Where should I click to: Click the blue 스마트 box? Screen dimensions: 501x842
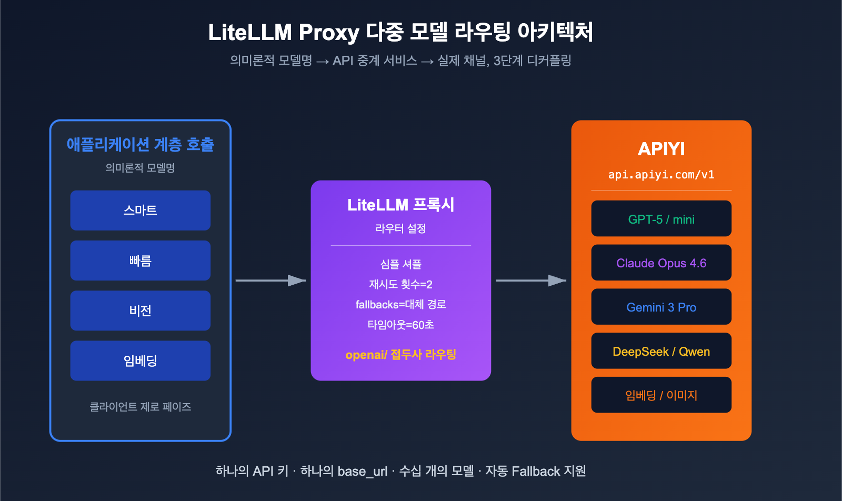coord(140,211)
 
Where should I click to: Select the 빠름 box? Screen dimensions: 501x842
coord(140,260)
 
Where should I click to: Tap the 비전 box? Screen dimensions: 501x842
coord(140,310)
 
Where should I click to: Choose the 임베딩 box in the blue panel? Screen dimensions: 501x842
coord(140,360)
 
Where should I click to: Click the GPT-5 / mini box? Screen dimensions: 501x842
coord(661,219)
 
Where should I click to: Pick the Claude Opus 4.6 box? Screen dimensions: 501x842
coord(661,263)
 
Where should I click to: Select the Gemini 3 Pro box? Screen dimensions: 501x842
coord(661,307)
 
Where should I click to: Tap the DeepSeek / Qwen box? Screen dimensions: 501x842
coord(661,351)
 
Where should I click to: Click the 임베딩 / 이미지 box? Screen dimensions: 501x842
coord(661,395)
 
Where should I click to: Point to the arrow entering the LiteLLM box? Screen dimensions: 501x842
coord(271,280)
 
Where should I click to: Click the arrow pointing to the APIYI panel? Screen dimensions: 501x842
coord(531,280)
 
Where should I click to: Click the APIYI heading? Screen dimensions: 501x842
coord(661,149)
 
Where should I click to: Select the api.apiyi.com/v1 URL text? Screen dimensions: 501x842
coord(661,175)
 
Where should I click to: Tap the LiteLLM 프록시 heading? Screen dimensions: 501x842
coord(400,205)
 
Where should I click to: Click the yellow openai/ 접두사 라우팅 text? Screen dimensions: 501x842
coord(400,355)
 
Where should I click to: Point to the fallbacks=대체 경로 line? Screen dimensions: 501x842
coord(400,305)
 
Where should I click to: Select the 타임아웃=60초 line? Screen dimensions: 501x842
coord(400,325)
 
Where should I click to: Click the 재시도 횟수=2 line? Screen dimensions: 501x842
coord(400,285)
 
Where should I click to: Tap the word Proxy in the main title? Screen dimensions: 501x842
coord(329,33)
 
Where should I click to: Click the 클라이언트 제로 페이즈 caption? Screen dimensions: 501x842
coord(140,407)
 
